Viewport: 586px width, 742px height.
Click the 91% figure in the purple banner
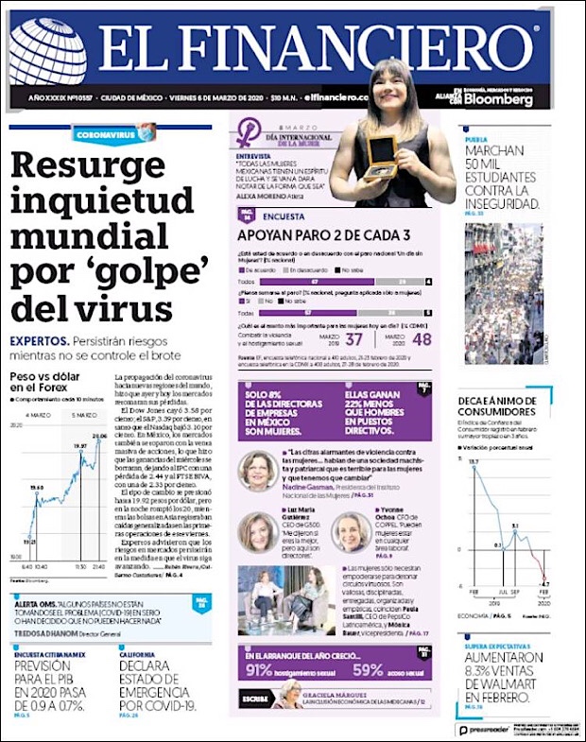point(260,669)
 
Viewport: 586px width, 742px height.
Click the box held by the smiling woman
point(380,149)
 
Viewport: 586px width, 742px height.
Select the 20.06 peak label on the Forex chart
point(98,436)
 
